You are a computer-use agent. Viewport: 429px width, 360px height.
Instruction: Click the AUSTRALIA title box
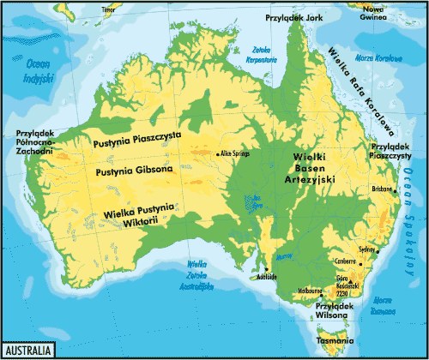[29, 351]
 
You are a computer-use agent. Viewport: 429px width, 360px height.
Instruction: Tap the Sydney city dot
[376, 250]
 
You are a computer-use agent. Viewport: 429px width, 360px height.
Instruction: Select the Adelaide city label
[266, 279]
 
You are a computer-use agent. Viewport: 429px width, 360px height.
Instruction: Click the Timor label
[108, 10]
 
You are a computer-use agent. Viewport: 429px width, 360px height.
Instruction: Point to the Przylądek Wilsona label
[335, 309]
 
